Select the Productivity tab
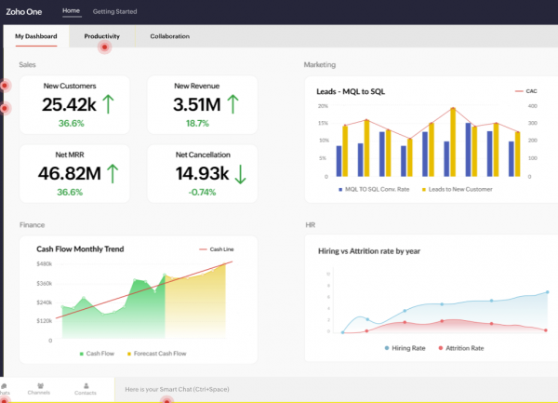[101, 36]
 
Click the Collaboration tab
[169, 36]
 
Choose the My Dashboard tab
[35, 36]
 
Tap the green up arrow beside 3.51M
[232, 103]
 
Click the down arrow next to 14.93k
[240, 173]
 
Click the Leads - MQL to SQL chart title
[351, 90]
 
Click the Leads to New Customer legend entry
[459, 189]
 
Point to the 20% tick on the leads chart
[323, 106]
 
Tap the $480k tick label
[44, 265]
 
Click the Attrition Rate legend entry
[463, 348]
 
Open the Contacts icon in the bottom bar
[85, 389]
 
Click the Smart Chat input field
[279, 389]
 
